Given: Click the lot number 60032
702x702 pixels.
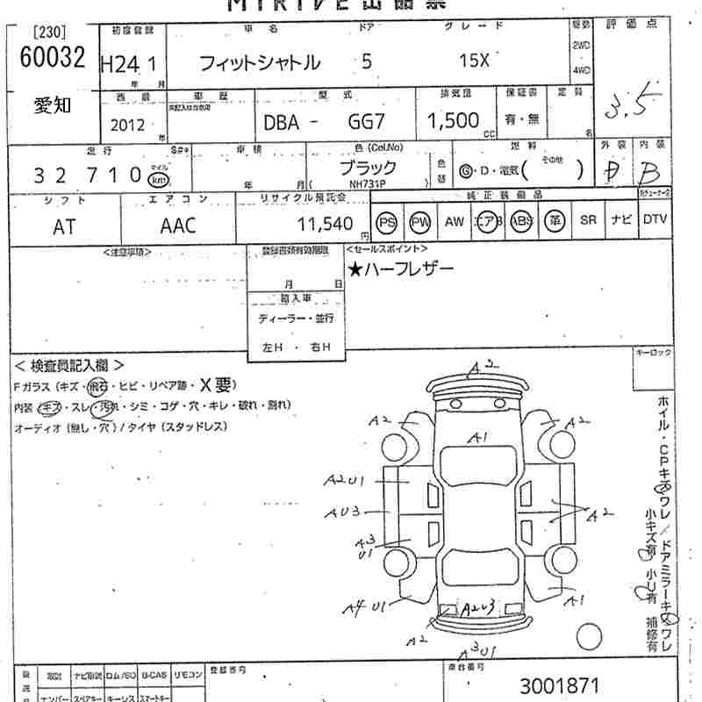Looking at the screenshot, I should (53, 58).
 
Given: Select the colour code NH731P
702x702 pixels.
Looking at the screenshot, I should (366, 183).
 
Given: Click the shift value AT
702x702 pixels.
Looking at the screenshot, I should (64, 226).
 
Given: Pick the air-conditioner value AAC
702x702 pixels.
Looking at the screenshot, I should (178, 226).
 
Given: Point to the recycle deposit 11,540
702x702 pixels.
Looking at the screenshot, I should (325, 224).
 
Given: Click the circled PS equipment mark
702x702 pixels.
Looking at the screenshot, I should (387, 223).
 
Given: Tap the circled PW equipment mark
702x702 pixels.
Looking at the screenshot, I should (420, 223).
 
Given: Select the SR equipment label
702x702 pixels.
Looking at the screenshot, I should (587, 222).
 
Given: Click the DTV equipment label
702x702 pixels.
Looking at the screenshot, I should (655, 222).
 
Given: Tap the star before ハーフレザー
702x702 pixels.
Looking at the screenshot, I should (355, 269).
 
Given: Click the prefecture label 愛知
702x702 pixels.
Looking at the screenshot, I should (53, 106).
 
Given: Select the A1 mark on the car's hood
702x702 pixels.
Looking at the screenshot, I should (477, 436).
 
